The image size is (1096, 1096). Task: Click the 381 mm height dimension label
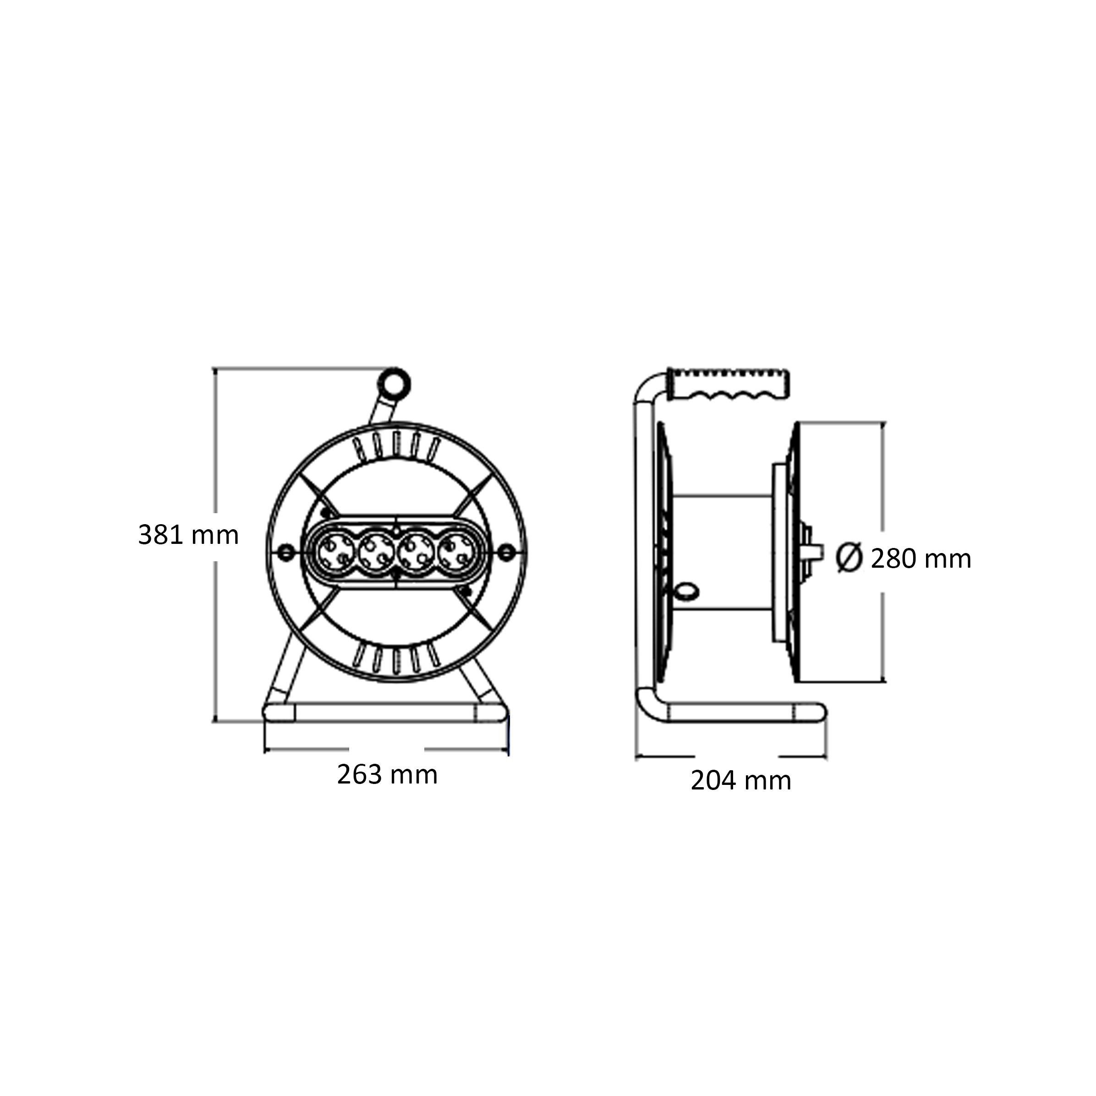(188, 535)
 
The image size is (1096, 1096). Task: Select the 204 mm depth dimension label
(740, 781)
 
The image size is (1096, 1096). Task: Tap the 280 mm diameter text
(921, 559)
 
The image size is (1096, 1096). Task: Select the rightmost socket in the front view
(455, 551)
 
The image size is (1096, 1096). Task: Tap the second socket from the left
(376, 551)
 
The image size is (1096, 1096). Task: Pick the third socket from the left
(416, 551)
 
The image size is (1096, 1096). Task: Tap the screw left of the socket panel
(285, 551)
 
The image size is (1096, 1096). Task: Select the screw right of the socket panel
(506, 551)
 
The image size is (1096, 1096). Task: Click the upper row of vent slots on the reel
(396, 446)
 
